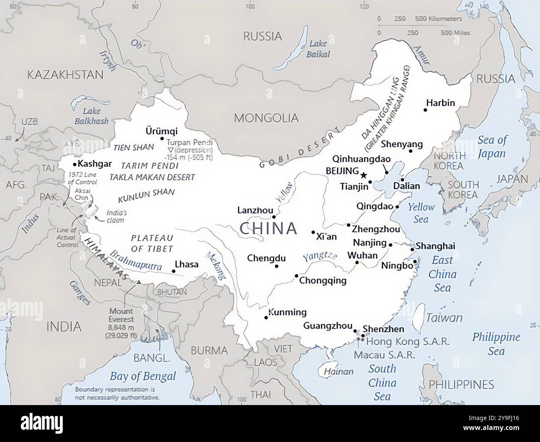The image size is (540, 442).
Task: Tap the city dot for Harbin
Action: click(x=425, y=110)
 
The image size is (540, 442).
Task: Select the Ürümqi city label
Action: click(x=162, y=131)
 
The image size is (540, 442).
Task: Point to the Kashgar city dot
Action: click(x=75, y=164)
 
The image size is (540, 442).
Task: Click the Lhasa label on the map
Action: click(x=187, y=264)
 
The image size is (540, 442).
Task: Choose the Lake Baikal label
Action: click(x=318, y=49)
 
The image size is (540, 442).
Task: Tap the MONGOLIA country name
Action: click(x=266, y=118)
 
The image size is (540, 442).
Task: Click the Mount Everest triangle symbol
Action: click(x=139, y=282)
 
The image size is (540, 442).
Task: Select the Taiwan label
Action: click(x=444, y=318)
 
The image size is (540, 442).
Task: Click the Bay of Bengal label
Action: click(x=142, y=376)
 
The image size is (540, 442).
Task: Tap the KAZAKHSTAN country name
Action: click(x=65, y=75)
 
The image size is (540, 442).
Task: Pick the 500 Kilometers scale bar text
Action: click(x=438, y=19)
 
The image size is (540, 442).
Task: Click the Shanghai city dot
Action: click(x=412, y=249)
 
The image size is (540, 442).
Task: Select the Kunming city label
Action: click(x=287, y=313)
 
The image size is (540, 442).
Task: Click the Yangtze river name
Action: click(x=320, y=257)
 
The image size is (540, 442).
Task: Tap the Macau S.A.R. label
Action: click(x=384, y=355)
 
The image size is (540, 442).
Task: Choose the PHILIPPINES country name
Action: click(x=461, y=384)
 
